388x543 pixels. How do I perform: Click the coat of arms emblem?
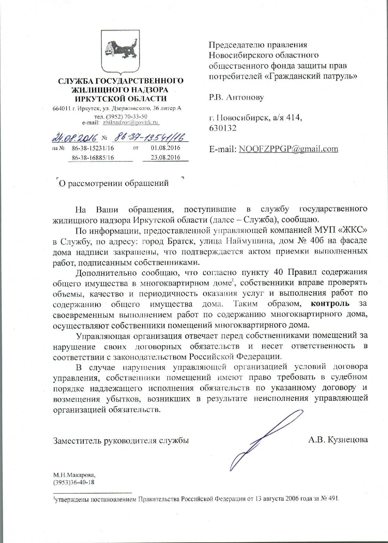coord(120,52)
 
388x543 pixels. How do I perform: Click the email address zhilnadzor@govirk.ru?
coord(131,123)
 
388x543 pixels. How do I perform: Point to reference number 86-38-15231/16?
coord(93,148)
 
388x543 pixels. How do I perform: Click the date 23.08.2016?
coord(166,158)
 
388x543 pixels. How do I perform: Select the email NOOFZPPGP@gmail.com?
coord(288,149)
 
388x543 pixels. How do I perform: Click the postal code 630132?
coord(223,128)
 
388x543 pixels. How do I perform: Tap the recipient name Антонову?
coord(245,97)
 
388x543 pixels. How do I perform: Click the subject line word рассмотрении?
coord(95,183)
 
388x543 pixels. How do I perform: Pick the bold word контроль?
coord(330,304)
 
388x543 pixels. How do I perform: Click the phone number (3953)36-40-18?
coord(74,482)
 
